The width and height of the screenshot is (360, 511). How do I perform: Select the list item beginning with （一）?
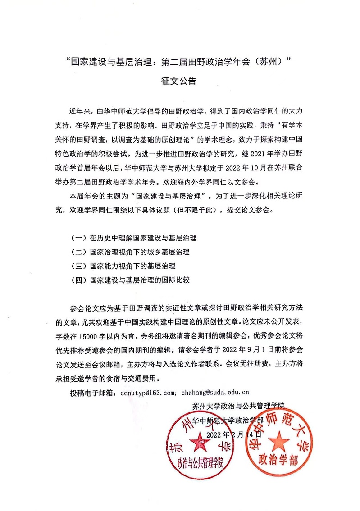(134, 238)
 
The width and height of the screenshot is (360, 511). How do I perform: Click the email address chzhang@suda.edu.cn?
(218, 393)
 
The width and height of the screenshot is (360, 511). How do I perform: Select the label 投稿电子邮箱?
(91, 393)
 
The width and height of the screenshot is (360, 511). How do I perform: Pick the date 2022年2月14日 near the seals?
(233, 435)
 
